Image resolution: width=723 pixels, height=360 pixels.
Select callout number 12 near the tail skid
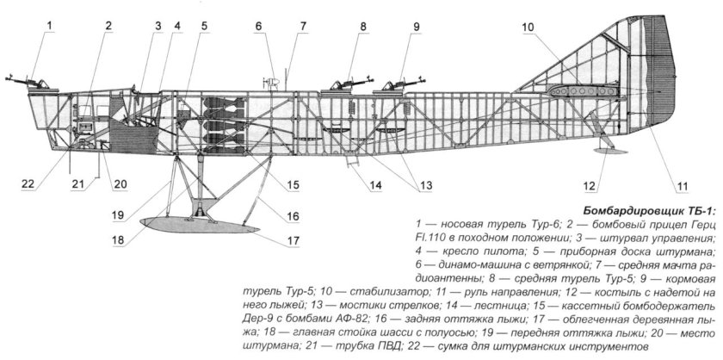click(x=588, y=183)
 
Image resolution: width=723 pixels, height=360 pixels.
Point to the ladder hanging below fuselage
click(x=352, y=158)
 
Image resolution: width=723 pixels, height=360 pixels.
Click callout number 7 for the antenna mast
click(x=303, y=26)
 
